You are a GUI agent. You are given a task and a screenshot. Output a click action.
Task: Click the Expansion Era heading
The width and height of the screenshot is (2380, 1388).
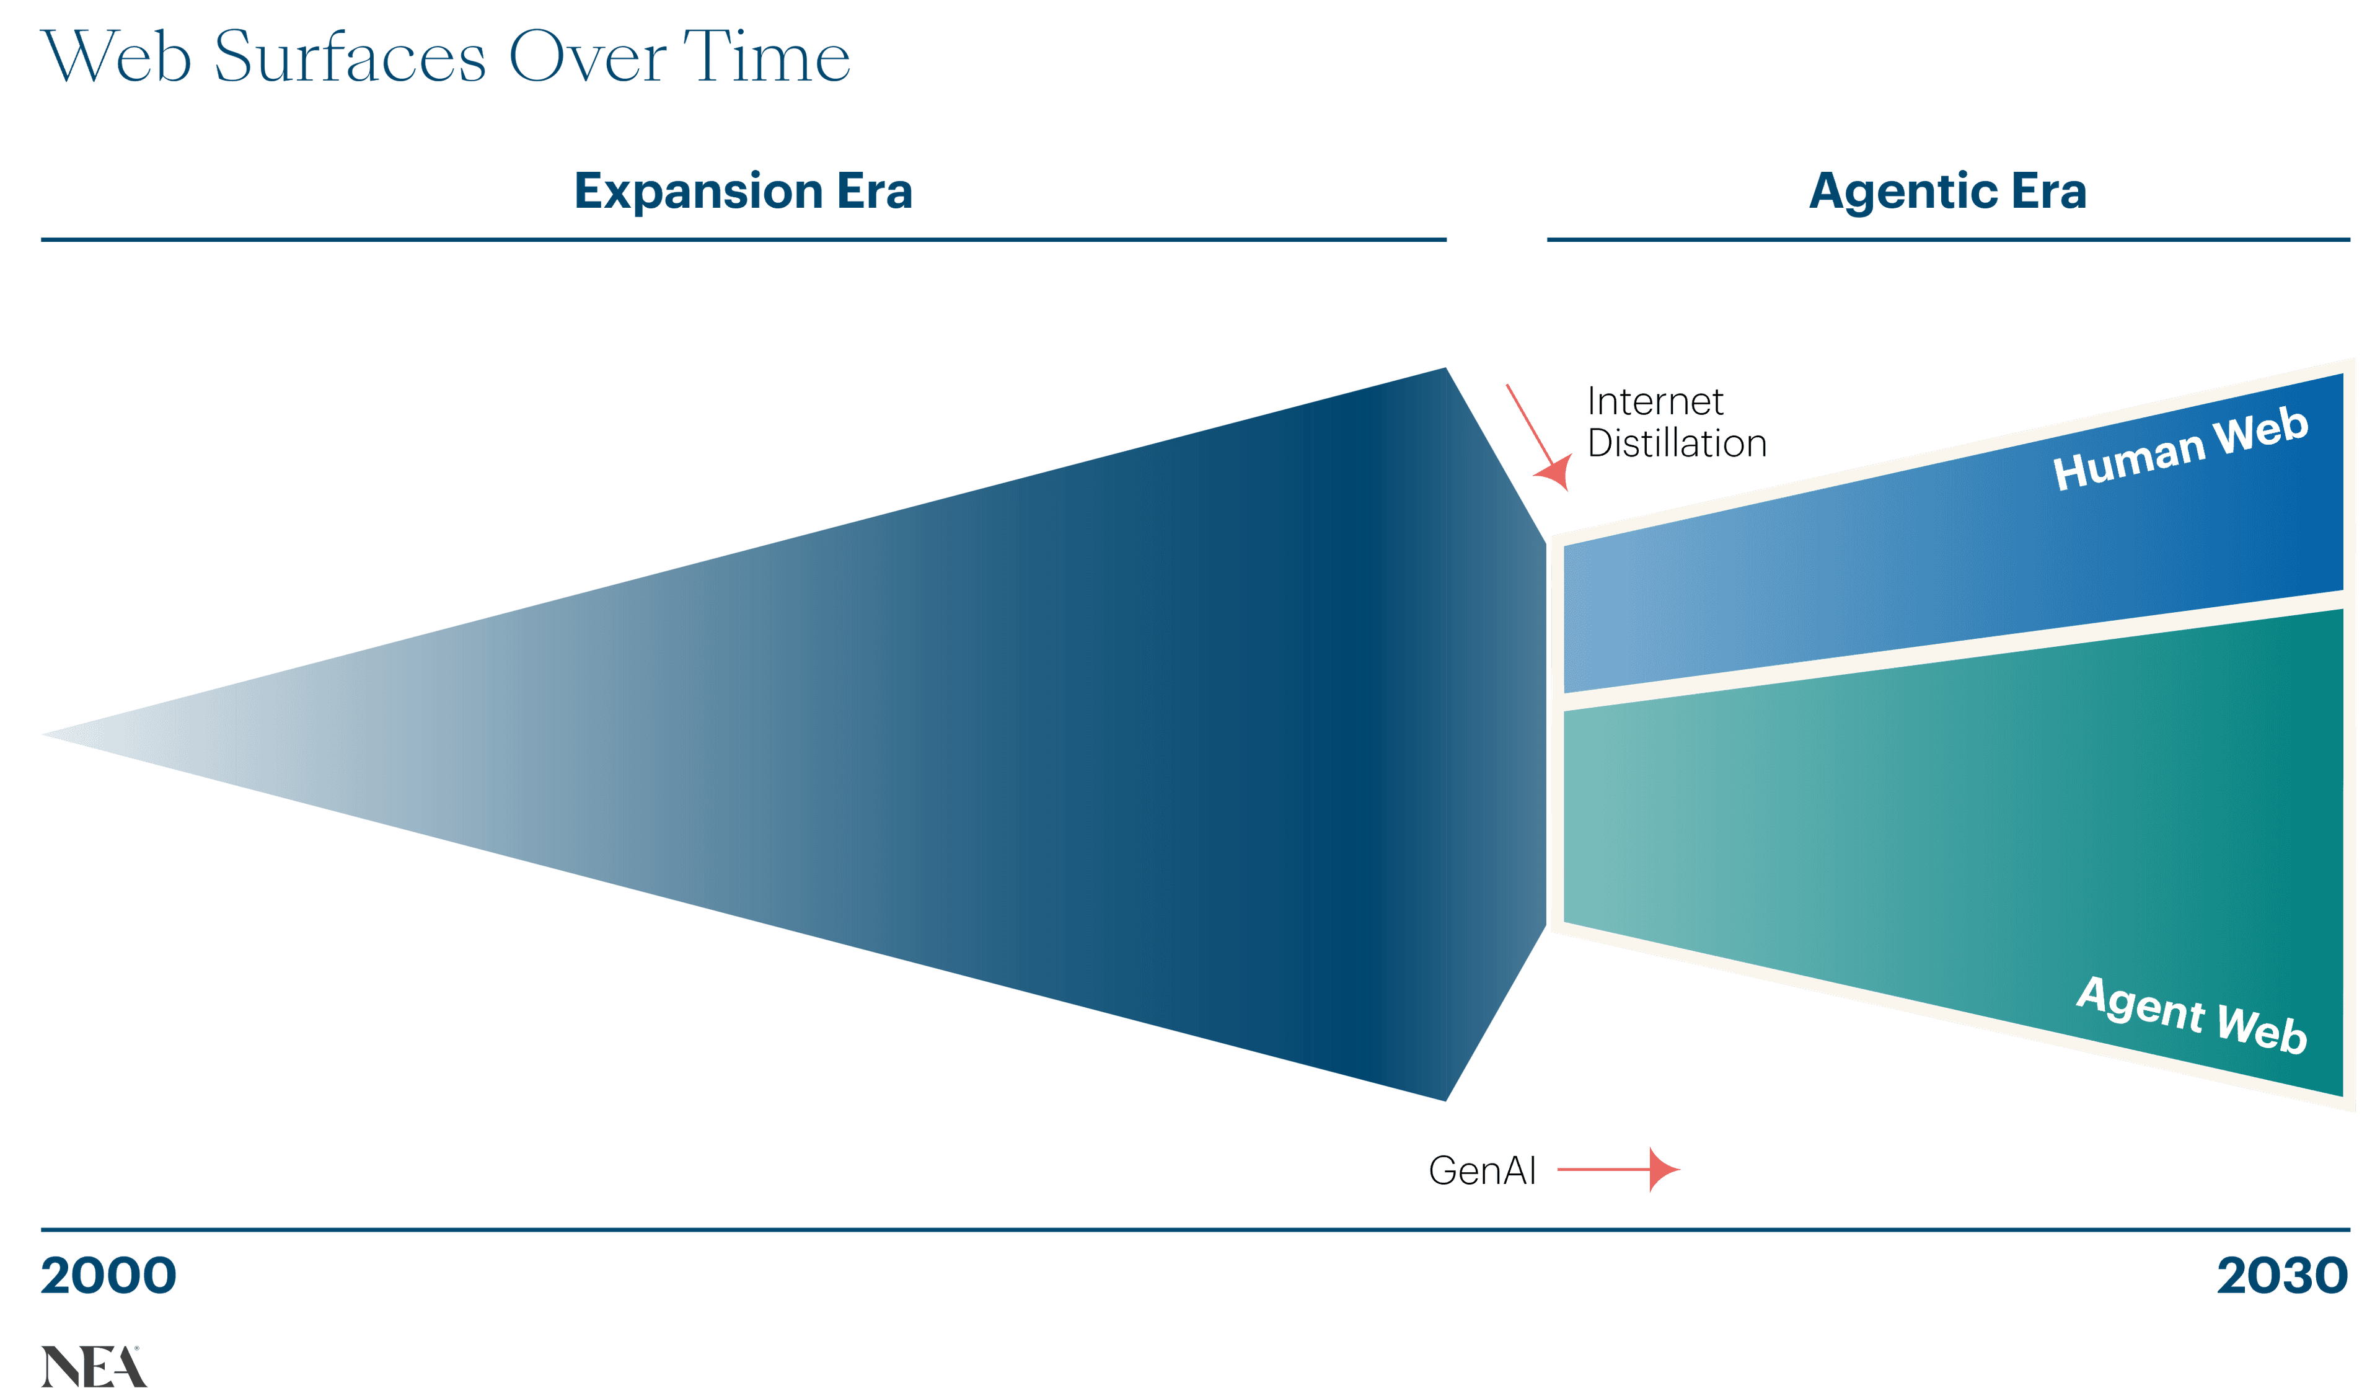743,191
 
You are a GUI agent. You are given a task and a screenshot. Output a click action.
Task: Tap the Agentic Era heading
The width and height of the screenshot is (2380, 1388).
1947,191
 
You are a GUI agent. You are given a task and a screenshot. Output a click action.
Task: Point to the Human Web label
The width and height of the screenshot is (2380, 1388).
2180,450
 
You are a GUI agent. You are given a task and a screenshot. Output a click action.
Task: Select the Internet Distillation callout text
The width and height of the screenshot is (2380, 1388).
1675,422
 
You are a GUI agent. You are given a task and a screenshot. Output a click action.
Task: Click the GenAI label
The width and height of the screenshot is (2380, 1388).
1482,1171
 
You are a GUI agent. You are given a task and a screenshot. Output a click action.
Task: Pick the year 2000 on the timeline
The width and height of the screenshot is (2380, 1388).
108,1276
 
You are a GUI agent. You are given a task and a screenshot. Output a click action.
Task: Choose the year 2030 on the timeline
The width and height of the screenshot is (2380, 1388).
2282,1276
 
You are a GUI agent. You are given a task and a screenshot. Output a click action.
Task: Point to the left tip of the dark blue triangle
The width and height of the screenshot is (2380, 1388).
47,734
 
